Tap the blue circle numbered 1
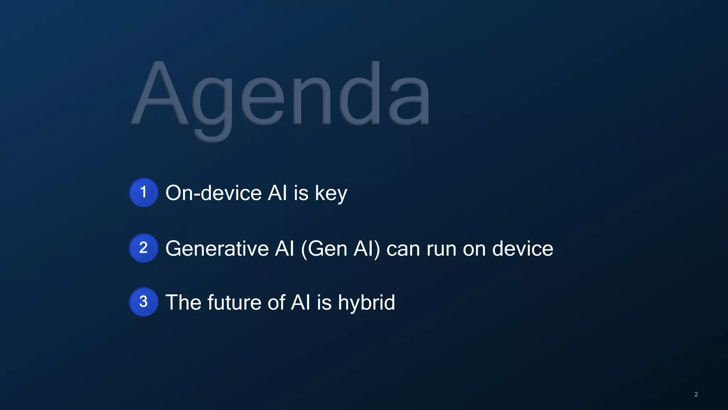point(143,193)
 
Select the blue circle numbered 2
point(143,248)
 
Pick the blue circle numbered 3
point(143,302)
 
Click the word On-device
point(214,193)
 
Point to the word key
point(331,194)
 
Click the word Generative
point(217,248)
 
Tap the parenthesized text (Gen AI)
point(341,248)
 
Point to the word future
point(234,303)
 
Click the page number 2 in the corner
point(696,394)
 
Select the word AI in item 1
point(277,193)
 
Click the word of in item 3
point(276,303)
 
